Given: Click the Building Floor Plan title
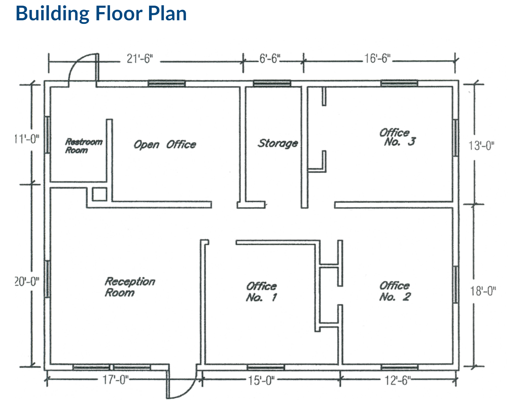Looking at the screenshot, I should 101,14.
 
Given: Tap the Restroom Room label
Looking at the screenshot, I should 83,146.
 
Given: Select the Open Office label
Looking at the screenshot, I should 165,144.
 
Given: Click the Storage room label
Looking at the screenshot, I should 278,143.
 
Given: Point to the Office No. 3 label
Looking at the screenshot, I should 396,137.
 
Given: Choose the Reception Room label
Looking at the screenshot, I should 130,287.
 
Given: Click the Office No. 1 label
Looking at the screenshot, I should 261,291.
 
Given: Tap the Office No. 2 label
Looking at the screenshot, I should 395,291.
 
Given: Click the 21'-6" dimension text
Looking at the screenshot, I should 140,59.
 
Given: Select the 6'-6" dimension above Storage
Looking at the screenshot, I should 269,58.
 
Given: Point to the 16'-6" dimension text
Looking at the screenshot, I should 377,58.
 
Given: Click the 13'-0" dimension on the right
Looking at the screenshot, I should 481,146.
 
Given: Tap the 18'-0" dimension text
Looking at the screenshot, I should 483,291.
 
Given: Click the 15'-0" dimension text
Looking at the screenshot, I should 261,380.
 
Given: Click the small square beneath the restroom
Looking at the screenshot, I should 99,194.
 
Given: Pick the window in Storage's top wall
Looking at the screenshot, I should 272,84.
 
